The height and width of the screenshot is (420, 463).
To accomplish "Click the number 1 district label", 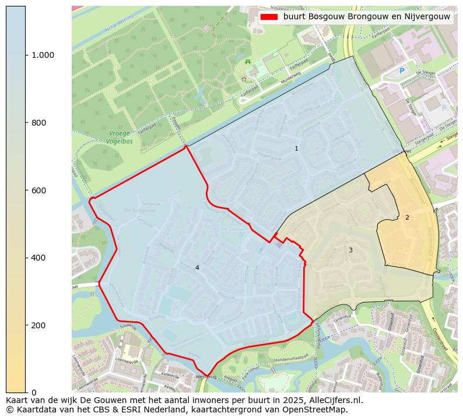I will pos(296,149).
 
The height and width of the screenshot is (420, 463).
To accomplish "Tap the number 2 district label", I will pos(407,217).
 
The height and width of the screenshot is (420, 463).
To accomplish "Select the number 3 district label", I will pos(350,250).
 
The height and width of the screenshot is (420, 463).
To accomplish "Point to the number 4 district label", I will pos(197,268).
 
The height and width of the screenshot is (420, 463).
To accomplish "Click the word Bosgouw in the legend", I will pos(324,17).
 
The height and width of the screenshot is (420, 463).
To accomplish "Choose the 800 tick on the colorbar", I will pos(38,123).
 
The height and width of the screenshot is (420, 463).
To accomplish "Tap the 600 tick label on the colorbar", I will pos(38,190).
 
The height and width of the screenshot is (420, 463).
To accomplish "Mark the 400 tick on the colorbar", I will pos(38,258).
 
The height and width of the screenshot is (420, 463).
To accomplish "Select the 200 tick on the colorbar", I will pos(38,325).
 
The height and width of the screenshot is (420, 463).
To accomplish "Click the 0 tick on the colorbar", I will pos(33,393).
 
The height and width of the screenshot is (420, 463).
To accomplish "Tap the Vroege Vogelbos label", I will pos(119,137).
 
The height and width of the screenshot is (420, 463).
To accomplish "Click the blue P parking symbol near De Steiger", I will pos(401,71).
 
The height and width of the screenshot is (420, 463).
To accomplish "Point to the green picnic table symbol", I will pos(248,61).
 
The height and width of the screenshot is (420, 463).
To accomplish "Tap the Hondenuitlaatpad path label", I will pos(290,357).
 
